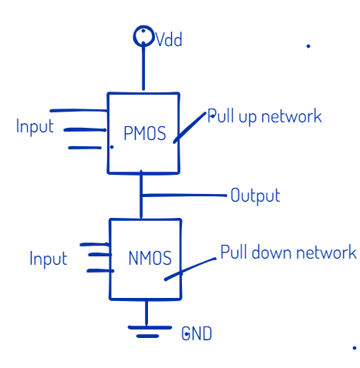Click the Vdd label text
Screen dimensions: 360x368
[x=169, y=39]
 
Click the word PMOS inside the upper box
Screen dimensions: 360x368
[x=145, y=133]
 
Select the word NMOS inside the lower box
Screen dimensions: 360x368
[x=150, y=258]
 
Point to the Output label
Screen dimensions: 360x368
[x=255, y=196]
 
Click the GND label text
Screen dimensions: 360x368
[x=197, y=333]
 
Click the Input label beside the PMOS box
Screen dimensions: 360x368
[x=35, y=127]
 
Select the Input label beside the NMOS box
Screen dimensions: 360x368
[x=49, y=259]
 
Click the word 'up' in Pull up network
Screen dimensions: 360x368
[x=247, y=118]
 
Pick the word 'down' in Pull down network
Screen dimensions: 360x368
[x=272, y=253]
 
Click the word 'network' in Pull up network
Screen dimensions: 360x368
[x=291, y=116]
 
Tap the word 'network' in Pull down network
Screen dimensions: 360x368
[x=326, y=252]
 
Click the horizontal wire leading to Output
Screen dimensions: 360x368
[x=184, y=196]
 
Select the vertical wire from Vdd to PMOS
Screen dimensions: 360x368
[x=143, y=68]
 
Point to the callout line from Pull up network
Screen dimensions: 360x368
[x=190, y=128]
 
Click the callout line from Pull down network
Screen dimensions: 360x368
[x=190, y=269]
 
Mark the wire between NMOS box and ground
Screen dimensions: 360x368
[x=146, y=313]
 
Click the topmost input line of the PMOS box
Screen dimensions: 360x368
[x=79, y=111]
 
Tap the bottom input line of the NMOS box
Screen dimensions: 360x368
[x=100, y=271]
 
